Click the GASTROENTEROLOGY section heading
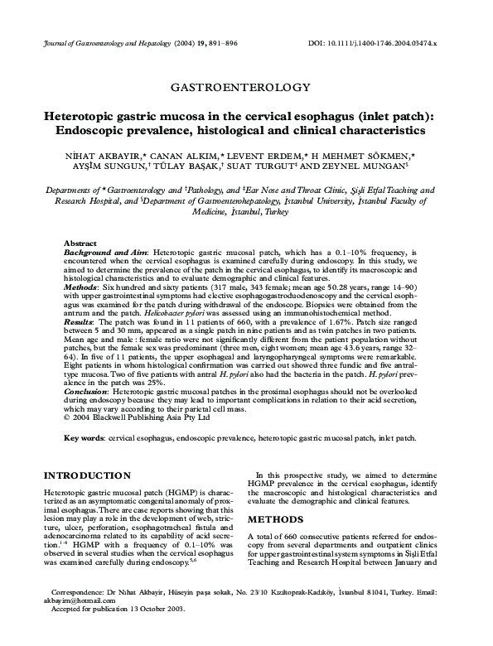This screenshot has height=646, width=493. (x=239, y=86)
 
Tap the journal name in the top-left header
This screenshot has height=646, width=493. (x=100, y=41)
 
